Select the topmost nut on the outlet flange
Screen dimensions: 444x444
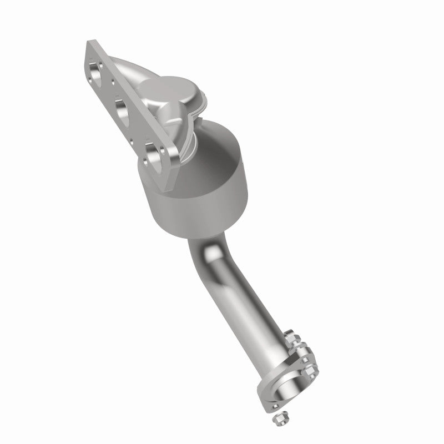pyautogui.click(x=292, y=338)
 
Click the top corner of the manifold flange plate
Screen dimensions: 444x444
pyautogui.click(x=90, y=43)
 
